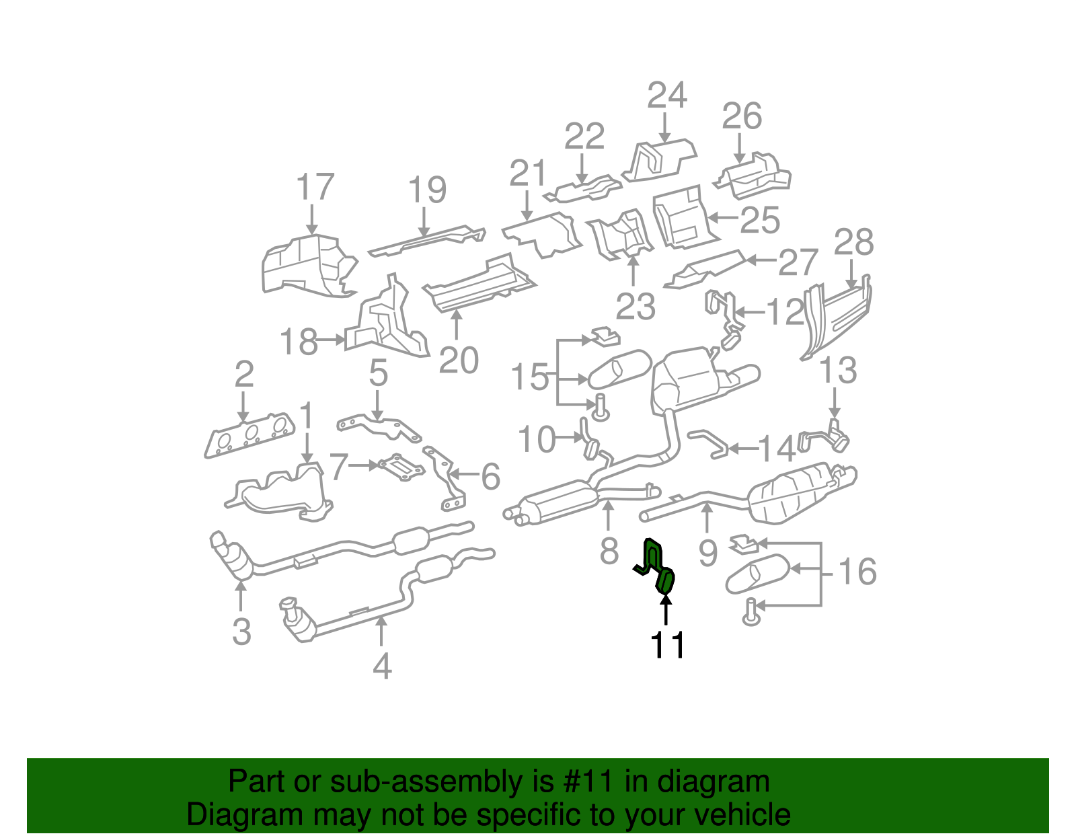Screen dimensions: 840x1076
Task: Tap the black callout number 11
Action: click(667, 646)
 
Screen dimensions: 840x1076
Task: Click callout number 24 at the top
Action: click(666, 96)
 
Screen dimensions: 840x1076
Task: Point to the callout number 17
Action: click(315, 187)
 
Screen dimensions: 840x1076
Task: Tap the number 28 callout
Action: click(853, 243)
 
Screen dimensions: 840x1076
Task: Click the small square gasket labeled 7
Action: click(401, 467)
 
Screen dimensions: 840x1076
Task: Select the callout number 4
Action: click(382, 666)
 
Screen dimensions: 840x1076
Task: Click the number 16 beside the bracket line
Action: click(857, 572)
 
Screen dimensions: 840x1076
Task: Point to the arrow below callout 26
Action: click(740, 147)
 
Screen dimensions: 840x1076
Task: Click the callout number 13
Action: click(838, 371)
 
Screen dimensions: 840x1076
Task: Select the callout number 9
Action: click(707, 553)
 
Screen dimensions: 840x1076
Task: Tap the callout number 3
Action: click(241, 632)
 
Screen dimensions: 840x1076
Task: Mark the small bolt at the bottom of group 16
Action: click(751, 612)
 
